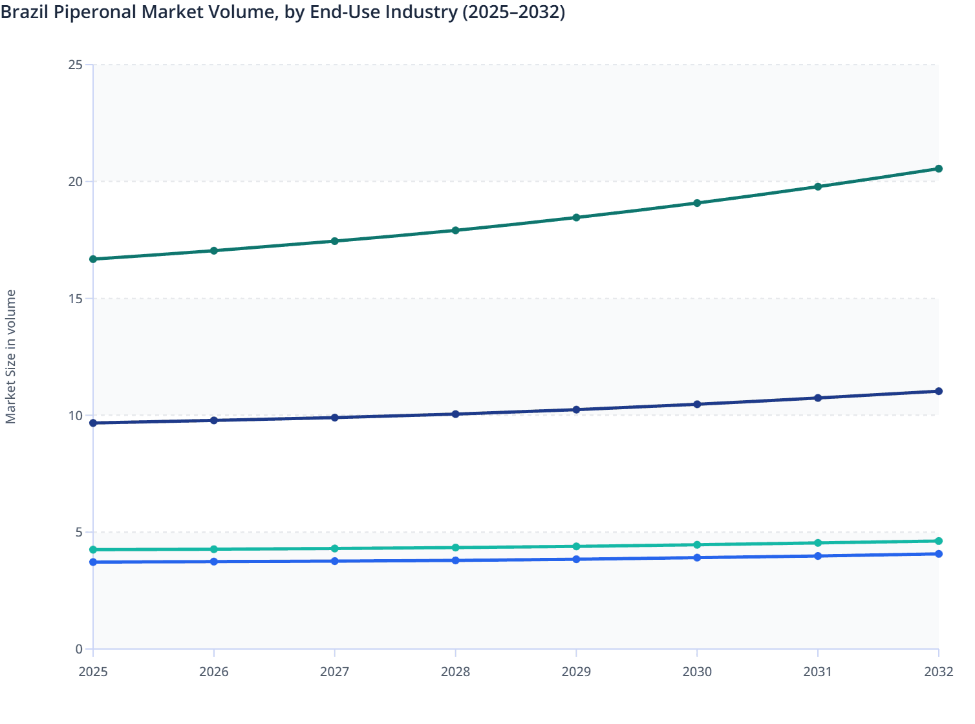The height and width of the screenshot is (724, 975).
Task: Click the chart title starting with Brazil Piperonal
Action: tap(283, 12)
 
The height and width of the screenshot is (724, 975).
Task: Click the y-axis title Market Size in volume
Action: tap(11, 357)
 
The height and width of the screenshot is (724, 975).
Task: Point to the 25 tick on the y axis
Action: tap(76, 65)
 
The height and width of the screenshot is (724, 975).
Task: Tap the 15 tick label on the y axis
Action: tap(76, 299)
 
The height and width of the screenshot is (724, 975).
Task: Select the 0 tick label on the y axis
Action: tap(79, 649)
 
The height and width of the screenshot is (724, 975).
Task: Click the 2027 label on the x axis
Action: tap(334, 672)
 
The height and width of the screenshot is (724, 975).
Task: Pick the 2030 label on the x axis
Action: tap(697, 672)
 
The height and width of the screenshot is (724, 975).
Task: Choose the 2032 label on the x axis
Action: tap(938, 672)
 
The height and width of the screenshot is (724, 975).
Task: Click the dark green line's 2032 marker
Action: tap(939, 169)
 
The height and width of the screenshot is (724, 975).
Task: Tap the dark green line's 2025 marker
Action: tap(93, 259)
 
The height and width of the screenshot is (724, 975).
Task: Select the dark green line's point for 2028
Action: tap(455, 230)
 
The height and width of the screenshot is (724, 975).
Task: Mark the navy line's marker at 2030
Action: tap(697, 404)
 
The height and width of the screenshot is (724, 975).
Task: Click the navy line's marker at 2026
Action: tap(214, 420)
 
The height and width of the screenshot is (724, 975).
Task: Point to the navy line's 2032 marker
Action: tap(939, 391)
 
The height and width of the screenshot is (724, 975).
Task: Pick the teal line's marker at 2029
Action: tap(576, 546)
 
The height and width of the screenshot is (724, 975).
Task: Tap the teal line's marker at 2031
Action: tap(818, 543)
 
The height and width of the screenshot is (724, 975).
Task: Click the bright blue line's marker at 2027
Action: tap(334, 561)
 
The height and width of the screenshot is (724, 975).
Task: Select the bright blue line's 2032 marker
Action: tap(939, 554)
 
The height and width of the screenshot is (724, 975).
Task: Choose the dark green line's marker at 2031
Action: tap(818, 187)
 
